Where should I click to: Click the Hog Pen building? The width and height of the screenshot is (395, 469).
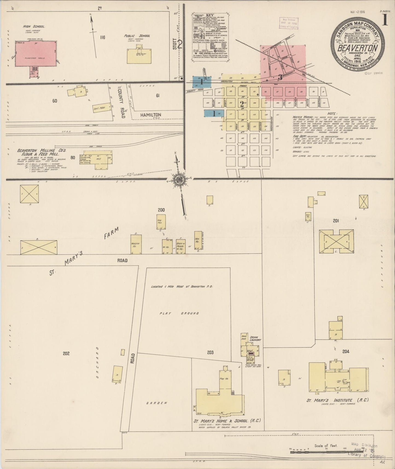[161, 222]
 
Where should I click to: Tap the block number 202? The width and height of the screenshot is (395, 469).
[66, 353]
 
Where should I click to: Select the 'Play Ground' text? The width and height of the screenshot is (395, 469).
[179, 313]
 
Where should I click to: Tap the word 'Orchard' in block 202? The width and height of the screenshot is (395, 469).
[97, 363]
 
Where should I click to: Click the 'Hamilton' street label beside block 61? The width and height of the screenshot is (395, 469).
[151, 115]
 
